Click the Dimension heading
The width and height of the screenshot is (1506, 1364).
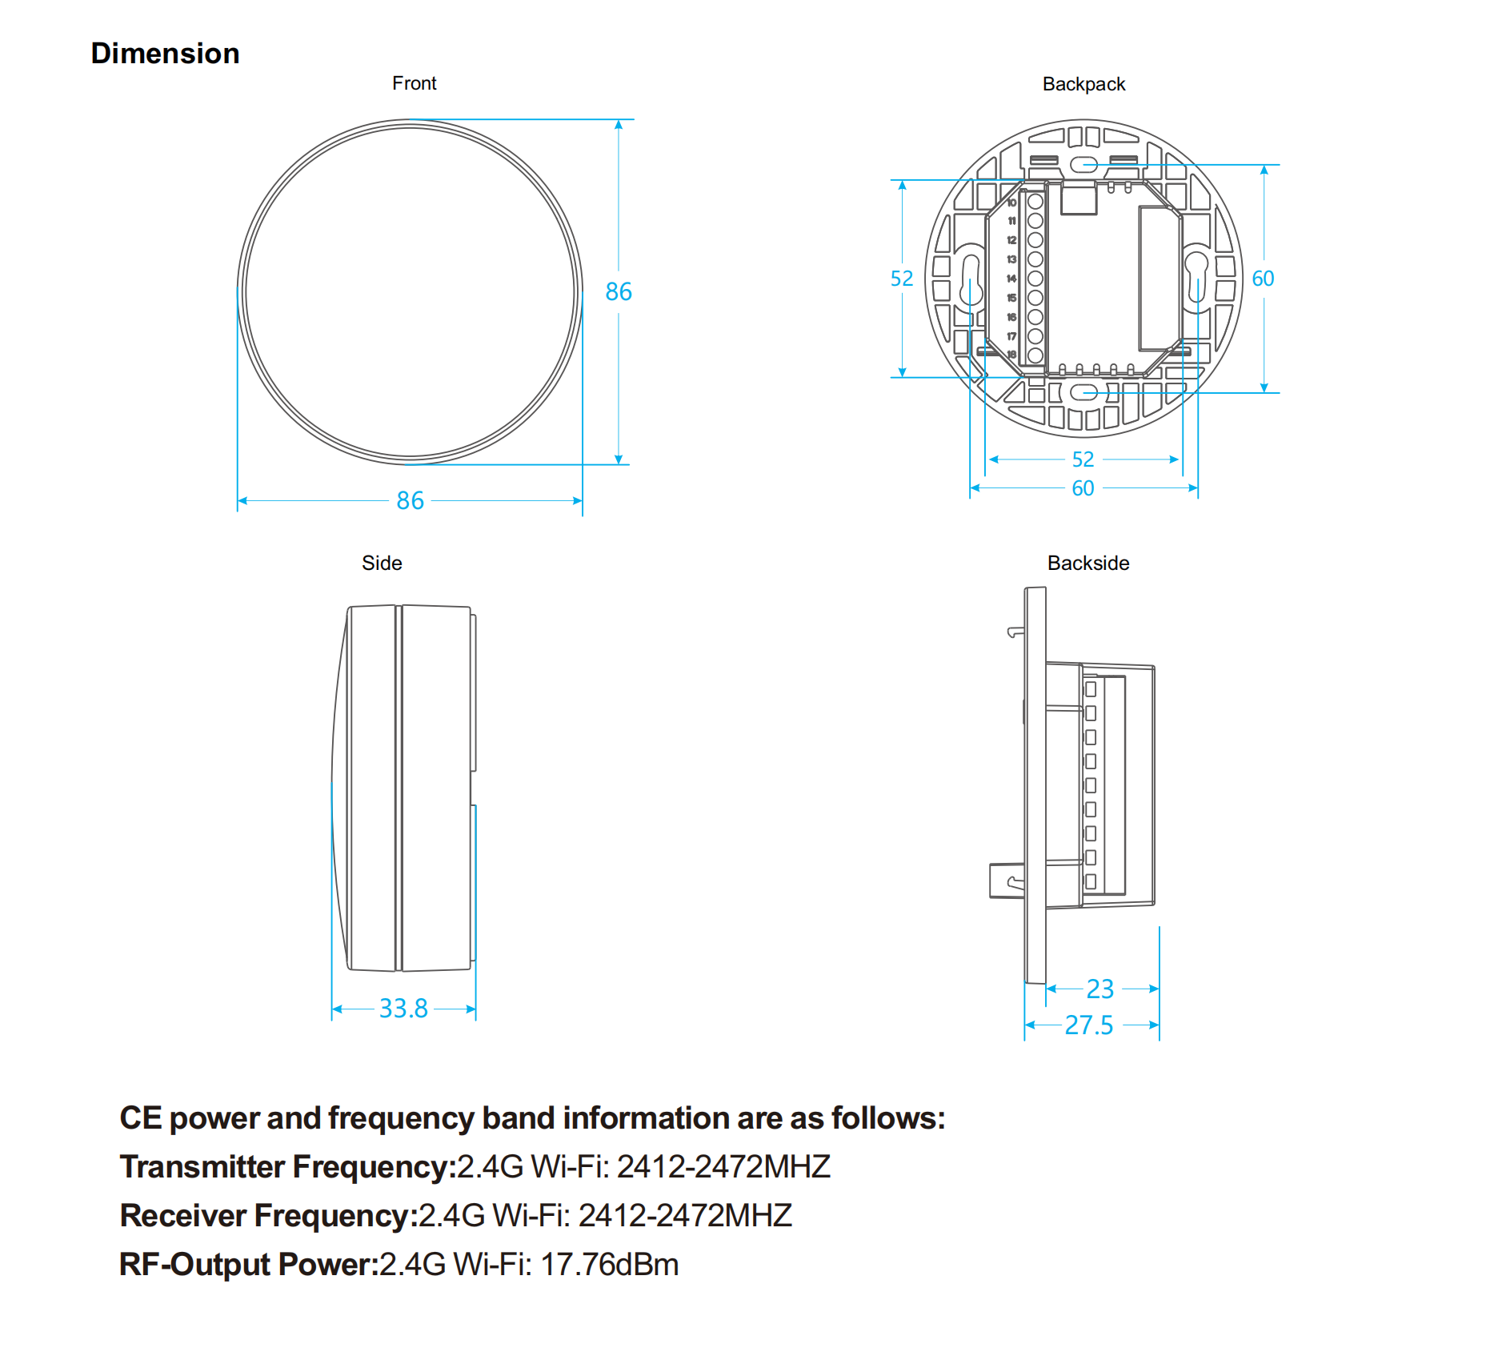[165, 54]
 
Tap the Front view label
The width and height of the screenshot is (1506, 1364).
[415, 83]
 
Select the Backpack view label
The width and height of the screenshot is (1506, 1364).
[1083, 85]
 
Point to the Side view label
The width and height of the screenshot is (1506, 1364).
[382, 563]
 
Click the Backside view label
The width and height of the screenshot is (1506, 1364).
[1088, 563]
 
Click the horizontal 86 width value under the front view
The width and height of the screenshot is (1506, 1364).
[411, 501]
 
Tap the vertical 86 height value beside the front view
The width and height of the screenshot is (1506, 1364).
[619, 292]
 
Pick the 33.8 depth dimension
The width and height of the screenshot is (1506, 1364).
[403, 1009]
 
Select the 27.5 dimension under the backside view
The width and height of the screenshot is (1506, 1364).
[1089, 1025]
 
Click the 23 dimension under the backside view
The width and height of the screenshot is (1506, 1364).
[1100, 989]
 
